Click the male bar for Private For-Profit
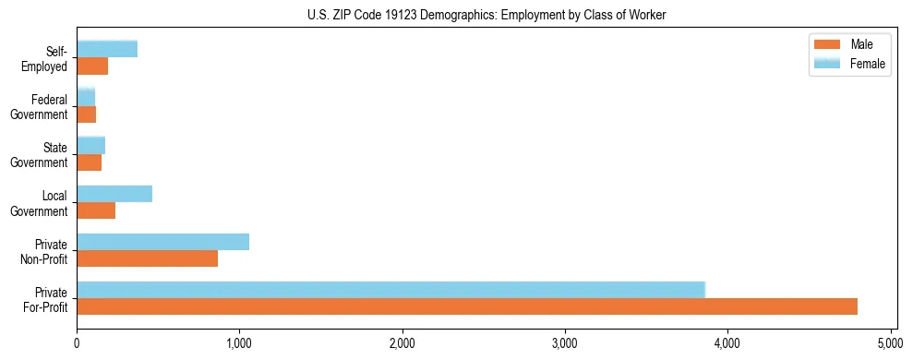coord(467,306)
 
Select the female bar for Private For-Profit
coord(390,290)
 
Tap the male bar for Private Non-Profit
coord(147,258)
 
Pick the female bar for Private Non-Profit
coord(162,242)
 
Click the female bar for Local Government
coord(114,194)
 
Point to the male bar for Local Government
coord(96,210)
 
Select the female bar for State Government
coord(90,146)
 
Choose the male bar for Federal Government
coord(86,114)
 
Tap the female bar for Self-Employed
coord(107,49)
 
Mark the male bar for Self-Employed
coord(92,66)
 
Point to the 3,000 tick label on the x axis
coord(564,343)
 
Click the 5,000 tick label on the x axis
coord(890,343)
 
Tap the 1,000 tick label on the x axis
coord(239,343)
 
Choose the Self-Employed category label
coord(48,59)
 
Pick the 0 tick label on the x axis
coord(77,343)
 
